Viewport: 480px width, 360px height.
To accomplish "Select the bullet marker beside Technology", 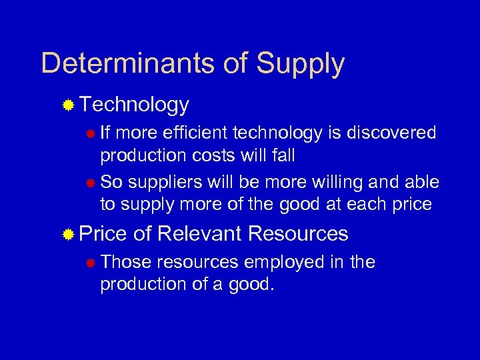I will point(68,105).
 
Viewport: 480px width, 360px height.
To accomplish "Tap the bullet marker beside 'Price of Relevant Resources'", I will point(68,234).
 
